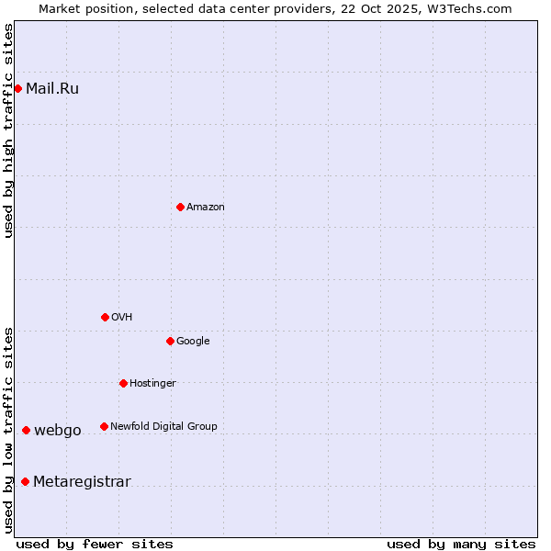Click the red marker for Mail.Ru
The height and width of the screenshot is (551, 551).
tap(18, 88)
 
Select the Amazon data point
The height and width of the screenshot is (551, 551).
tap(180, 207)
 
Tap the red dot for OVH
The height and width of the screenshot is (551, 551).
tap(105, 317)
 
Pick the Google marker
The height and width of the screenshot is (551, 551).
tap(170, 341)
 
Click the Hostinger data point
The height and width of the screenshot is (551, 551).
tap(123, 383)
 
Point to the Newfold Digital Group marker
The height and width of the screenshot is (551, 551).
tap(104, 426)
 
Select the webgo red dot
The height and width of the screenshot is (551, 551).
tap(26, 430)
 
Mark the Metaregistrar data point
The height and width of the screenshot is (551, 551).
tap(25, 481)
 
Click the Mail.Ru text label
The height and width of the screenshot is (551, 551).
tap(52, 89)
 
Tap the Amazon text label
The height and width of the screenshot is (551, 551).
tap(206, 208)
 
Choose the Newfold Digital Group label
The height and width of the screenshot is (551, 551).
tap(163, 426)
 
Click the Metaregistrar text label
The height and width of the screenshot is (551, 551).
tap(82, 482)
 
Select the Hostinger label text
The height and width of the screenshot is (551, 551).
tap(152, 383)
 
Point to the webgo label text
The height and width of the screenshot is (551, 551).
tap(58, 431)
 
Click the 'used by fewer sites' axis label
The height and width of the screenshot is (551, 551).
tap(95, 544)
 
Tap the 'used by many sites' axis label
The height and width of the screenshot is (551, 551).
tap(461, 544)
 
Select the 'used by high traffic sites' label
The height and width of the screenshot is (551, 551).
tap(9, 130)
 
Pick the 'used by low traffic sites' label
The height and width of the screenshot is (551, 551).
tap(9, 430)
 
